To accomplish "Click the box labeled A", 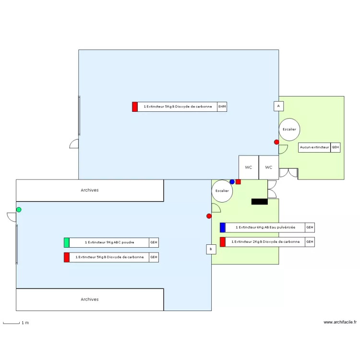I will pyautogui.click(x=278, y=106).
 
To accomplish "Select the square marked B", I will pyautogui.click(x=211, y=249).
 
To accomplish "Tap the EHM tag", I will pyautogui.click(x=222, y=107).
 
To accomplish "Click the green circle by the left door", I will pyautogui.click(x=19, y=209).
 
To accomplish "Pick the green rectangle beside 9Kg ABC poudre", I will pyautogui.click(x=66, y=242).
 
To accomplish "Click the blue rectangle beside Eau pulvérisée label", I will pyautogui.click(x=222, y=228).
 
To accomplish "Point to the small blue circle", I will pyautogui.click(x=232, y=182).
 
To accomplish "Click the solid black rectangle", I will pyautogui.click(x=259, y=202).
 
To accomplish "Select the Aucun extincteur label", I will pyautogui.click(x=314, y=147).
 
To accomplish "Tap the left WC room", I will pyautogui.click(x=249, y=168).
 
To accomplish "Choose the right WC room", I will pyautogui.click(x=269, y=168).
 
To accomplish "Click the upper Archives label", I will pyautogui.click(x=90, y=190).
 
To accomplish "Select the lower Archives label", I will pyautogui.click(x=90, y=300).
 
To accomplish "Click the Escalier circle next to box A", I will pyautogui.click(x=289, y=130).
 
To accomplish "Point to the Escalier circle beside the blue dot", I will pyautogui.click(x=222, y=191).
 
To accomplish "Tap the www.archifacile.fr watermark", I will pyautogui.click(x=340, y=323).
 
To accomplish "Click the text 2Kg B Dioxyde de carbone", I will pyautogui.click(x=265, y=242).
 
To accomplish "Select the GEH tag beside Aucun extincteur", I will pyautogui.click(x=336, y=147).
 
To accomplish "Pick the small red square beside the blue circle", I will pyautogui.click(x=238, y=182).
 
